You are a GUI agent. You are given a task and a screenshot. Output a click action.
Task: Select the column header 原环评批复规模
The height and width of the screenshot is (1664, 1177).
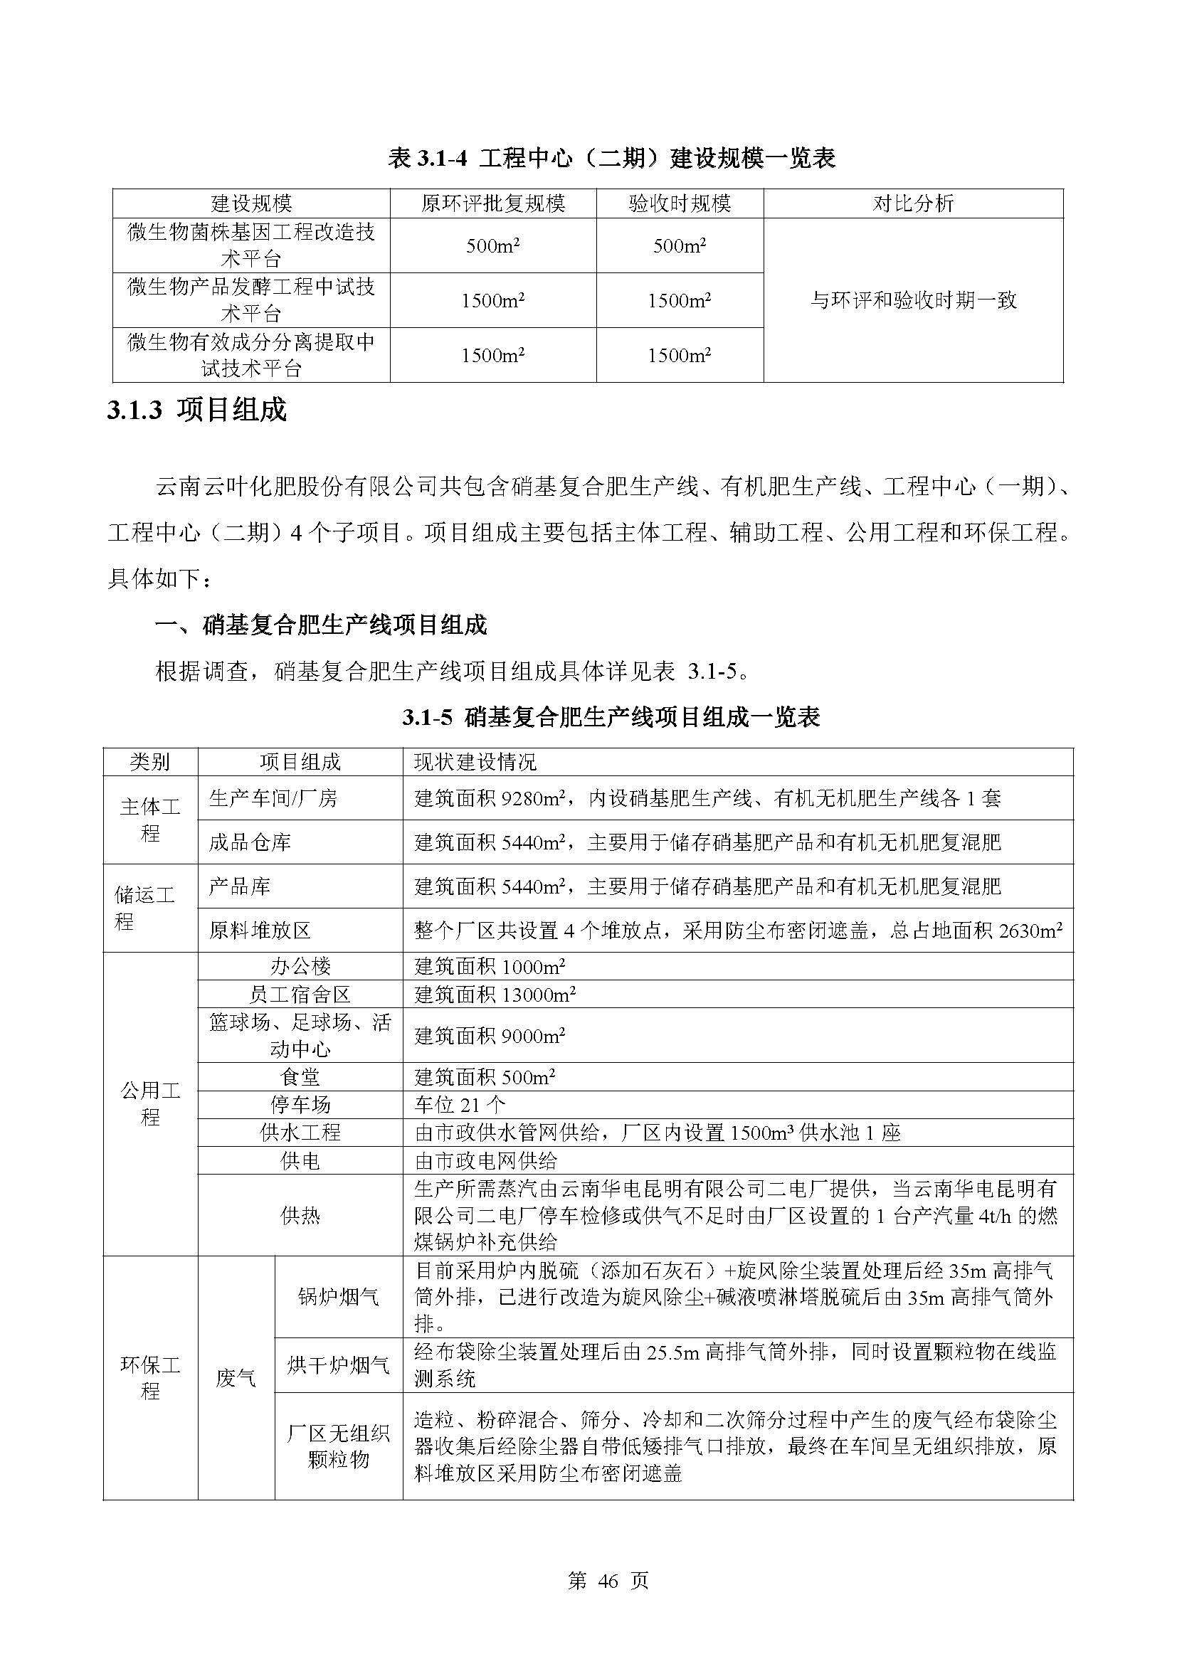click(493, 203)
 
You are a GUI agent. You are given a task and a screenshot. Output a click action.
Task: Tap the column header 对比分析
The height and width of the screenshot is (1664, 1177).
click(912, 203)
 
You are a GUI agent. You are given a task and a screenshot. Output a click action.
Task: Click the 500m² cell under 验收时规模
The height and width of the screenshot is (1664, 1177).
click(679, 245)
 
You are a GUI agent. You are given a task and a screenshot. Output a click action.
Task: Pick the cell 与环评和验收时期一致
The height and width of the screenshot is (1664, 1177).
click(912, 300)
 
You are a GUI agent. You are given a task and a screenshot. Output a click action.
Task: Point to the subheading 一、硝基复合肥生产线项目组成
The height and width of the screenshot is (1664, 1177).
click(321, 625)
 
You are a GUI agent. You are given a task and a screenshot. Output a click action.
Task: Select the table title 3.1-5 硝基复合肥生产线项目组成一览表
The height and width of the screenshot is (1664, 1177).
click(611, 718)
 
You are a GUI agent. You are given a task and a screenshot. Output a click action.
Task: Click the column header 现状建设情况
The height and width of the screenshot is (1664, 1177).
click(475, 762)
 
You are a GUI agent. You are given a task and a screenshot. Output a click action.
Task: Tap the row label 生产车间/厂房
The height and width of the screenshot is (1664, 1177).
click(273, 799)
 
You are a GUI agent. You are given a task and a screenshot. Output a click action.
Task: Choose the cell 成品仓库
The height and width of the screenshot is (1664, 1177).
click(250, 842)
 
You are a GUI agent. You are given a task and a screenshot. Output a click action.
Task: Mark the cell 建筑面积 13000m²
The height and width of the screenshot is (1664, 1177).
click(495, 995)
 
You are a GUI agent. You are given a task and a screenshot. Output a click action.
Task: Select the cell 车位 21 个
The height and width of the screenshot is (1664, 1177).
click(460, 1106)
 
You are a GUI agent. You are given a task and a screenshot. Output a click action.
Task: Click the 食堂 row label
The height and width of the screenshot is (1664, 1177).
click(300, 1078)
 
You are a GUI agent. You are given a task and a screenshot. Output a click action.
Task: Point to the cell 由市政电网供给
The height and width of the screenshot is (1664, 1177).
click(485, 1161)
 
